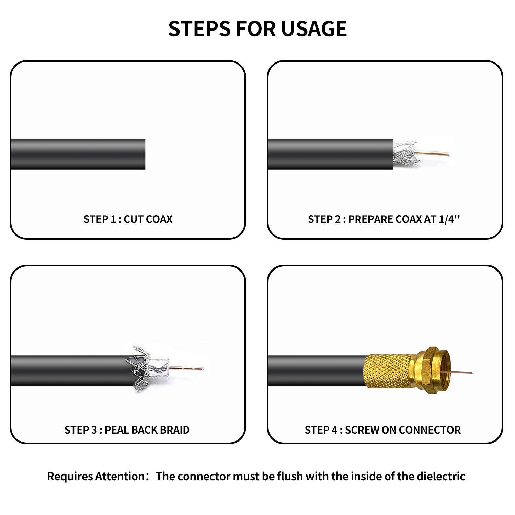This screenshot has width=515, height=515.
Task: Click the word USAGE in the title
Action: point(314,28)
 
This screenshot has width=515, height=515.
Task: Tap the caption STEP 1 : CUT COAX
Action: point(128,219)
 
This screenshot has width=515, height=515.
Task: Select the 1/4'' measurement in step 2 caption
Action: point(449,219)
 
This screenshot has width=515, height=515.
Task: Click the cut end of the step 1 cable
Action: point(143,154)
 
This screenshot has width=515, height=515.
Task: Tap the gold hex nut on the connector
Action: point(426,371)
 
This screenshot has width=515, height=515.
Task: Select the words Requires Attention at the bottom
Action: point(96,477)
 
